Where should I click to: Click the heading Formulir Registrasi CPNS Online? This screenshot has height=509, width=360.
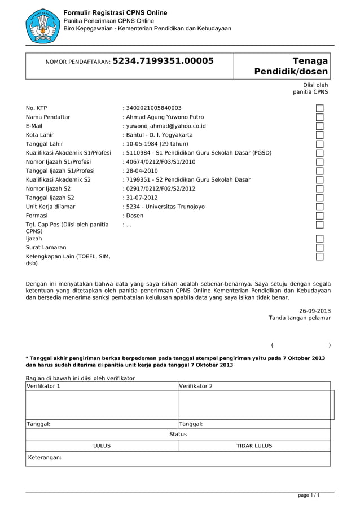coord(115,12)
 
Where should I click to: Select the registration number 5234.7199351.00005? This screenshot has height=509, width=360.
coord(163,61)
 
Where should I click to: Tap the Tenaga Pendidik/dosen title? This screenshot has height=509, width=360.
coord(291,67)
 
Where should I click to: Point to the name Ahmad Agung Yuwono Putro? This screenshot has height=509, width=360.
coord(163,117)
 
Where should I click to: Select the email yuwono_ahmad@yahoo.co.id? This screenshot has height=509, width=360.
coord(164,126)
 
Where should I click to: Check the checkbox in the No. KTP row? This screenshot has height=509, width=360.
coord(320,108)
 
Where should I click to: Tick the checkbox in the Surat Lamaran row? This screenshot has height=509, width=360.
coord(320,247)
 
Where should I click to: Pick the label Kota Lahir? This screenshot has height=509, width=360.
coord(40,135)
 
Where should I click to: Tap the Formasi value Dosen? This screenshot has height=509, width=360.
coord(134,216)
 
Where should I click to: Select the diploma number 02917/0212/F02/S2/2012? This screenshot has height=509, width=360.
coord(160,188)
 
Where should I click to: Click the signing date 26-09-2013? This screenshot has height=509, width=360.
coord(315,310)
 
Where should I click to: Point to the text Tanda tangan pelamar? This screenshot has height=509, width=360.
coord(300,318)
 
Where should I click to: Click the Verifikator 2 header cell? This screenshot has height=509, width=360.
coord(254,387)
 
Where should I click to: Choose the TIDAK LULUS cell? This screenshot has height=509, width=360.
coord(254,446)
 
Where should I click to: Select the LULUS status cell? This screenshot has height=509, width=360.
coord(102,446)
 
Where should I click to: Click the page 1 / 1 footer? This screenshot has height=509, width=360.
coord(309,495)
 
